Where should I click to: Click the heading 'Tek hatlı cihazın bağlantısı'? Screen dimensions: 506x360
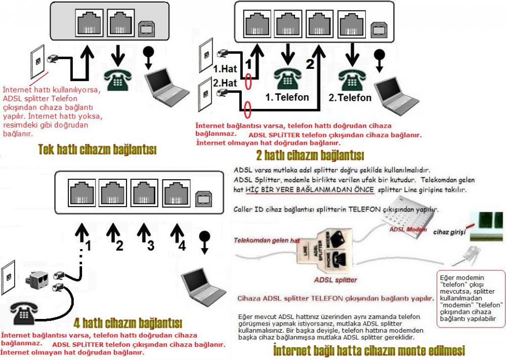pyautogui.click(x=97, y=149)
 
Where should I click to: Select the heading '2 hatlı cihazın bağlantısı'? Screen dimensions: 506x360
pyautogui.click(x=310, y=155)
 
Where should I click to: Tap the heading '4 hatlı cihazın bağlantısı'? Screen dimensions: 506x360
pyautogui.click(x=128, y=323)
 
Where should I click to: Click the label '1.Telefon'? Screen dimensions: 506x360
pyautogui.click(x=287, y=97)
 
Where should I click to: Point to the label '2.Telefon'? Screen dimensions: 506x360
pyautogui.click(x=350, y=98)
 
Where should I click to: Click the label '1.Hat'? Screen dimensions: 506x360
pyautogui.click(x=225, y=69)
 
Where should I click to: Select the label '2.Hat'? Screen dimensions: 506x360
pyautogui.click(x=225, y=83)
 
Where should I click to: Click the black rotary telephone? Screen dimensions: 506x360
pyautogui.click(x=24, y=312)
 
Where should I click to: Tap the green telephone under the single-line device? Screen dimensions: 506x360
pyautogui.click(x=117, y=80)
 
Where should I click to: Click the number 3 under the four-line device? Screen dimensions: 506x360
pyautogui.click(x=151, y=246)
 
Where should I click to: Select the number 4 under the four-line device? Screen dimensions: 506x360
pyautogui.click(x=182, y=246)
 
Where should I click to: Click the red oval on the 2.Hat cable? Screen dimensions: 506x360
pyautogui.click(x=247, y=110)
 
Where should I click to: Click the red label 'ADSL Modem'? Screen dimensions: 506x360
pyautogui.click(x=408, y=229)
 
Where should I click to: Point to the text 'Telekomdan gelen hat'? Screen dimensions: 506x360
pyautogui.click(x=267, y=240)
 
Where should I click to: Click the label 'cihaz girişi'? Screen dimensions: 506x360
pyautogui.click(x=449, y=232)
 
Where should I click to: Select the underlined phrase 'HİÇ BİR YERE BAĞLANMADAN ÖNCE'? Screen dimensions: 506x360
pyautogui.click(x=310, y=189)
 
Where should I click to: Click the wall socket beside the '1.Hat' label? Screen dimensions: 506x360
pyautogui.click(x=206, y=55)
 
